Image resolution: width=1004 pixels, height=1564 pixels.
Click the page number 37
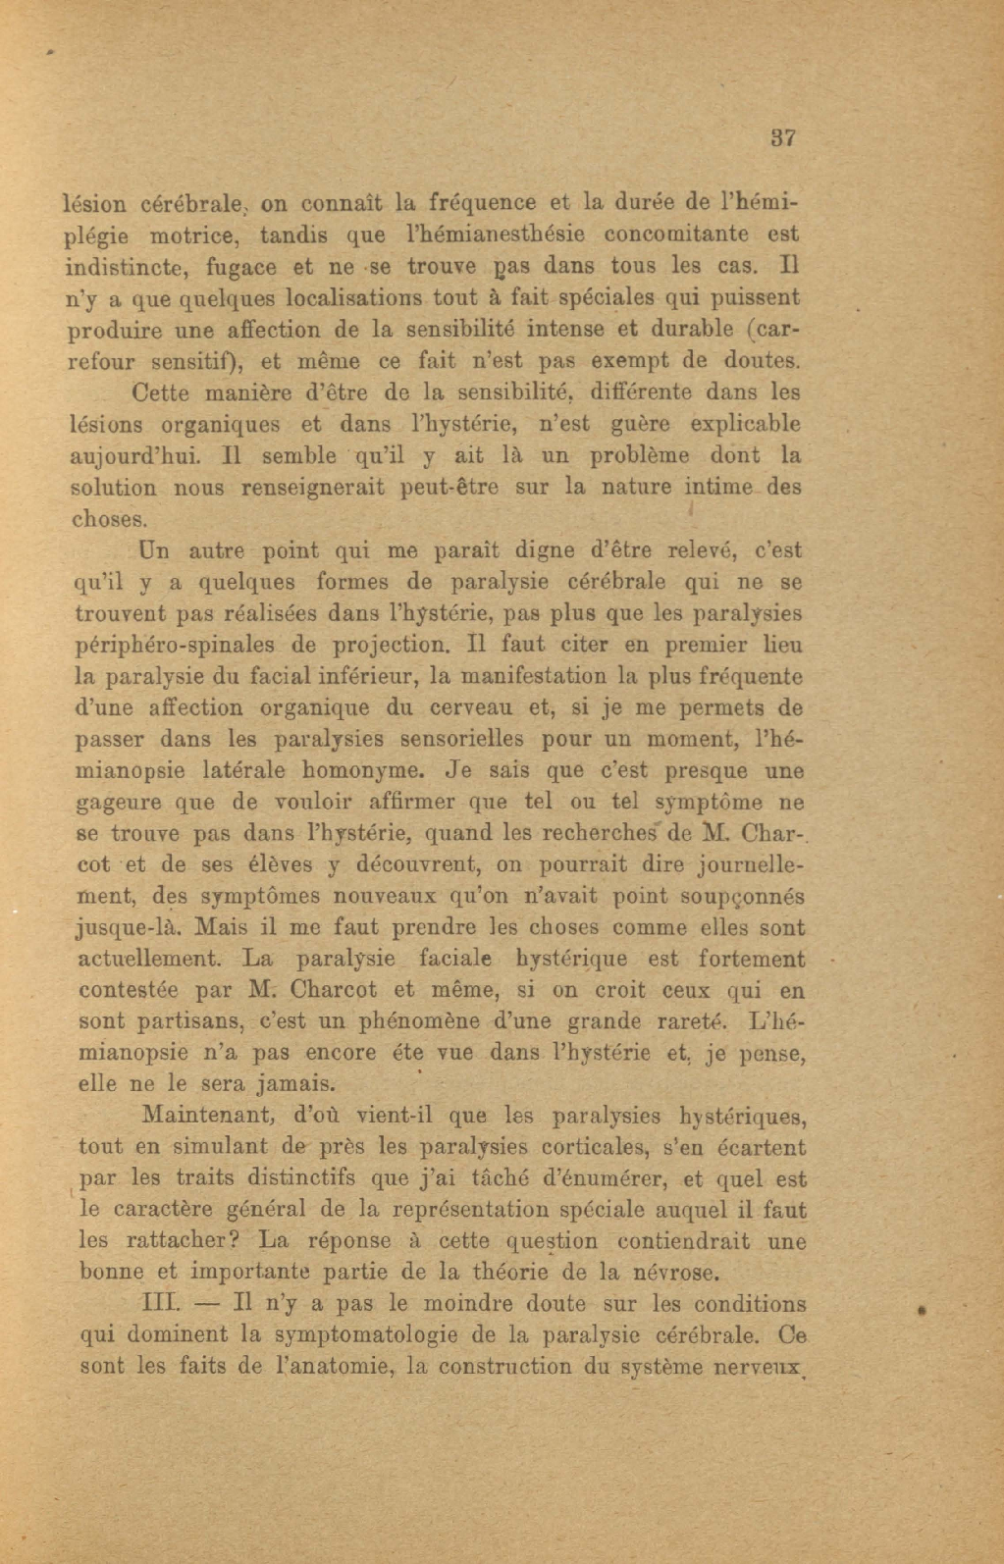[x=782, y=138]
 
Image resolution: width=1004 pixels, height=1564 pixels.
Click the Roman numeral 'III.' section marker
[x=160, y=1305]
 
